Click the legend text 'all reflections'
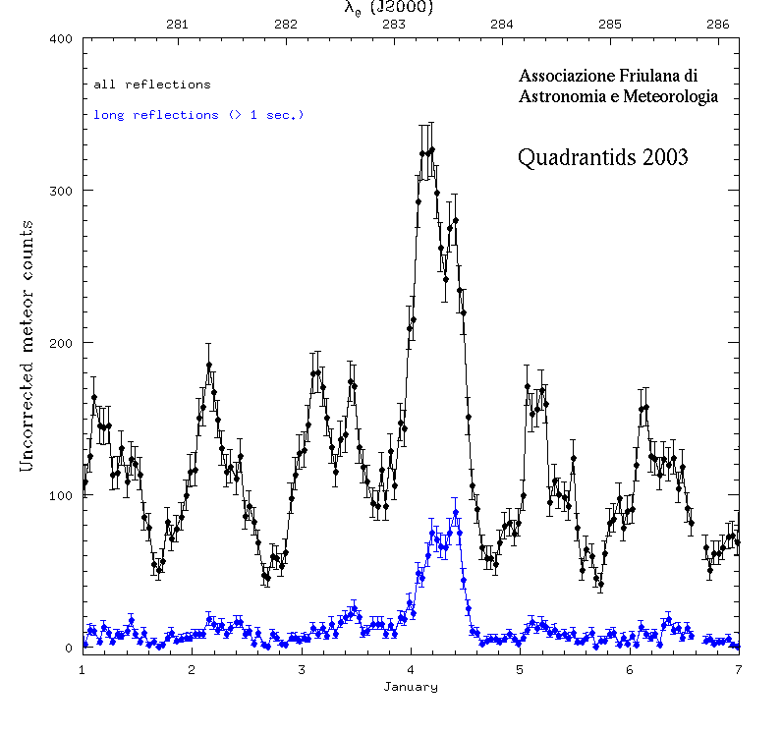tap(151, 85)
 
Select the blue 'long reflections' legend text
tap(198, 115)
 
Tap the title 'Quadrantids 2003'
tap(602, 157)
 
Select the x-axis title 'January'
tap(410, 687)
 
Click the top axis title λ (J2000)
tap(389, 8)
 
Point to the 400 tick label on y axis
tap(61, 39)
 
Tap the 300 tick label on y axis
tap(61, 192)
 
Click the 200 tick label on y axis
tap(61, 344)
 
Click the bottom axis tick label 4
tap(410, 669)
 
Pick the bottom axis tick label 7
tap(738, 669)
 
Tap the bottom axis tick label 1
tap(83, 669)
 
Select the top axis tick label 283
tap(395, 25)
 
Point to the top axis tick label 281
tap(179, 25)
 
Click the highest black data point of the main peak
tap(431, 150)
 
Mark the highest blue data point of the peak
tap(456, 513)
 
